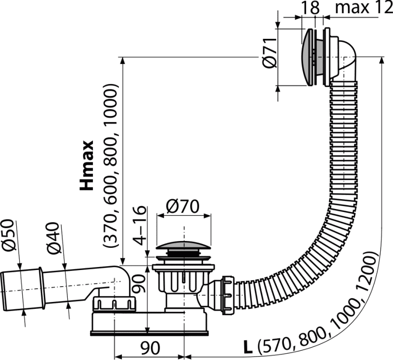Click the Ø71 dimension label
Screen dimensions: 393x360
(270, 53)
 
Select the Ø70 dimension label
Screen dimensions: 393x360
(183, 207)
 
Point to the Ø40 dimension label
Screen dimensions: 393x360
(53, 238)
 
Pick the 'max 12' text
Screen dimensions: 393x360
(364, 7)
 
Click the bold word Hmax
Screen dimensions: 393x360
(86, 165)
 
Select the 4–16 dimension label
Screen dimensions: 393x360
(140, 225)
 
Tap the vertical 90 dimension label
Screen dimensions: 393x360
(139, 284)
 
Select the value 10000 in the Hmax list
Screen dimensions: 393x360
(110, 105)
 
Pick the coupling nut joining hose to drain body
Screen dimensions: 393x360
(228, 295)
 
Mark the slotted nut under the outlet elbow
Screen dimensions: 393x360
(114, 304)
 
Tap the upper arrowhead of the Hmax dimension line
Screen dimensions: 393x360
(122, 61)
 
